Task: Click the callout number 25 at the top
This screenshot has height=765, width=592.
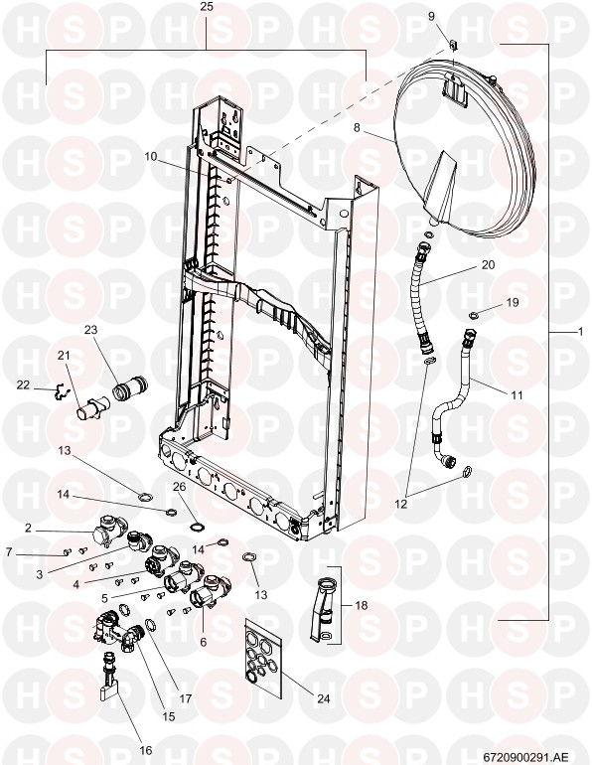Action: tap(207, 7)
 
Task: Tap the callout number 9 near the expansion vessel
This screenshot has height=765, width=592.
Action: tap(431, 16)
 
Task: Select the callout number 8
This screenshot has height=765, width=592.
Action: tap(357, 127)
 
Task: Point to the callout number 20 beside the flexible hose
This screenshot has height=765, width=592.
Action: tap(488, 264)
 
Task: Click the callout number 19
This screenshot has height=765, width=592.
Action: tap(512, 302)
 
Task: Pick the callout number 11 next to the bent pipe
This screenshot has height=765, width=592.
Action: tap(517, 394)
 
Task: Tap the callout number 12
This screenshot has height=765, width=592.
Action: tap(401, 505)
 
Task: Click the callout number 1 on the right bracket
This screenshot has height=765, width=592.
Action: tap(580, 331)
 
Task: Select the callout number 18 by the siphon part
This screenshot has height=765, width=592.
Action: tap(362, 605)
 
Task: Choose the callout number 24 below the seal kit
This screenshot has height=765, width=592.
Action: tap(323, 698)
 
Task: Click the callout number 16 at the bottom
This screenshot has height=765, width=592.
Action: tap(146, 750)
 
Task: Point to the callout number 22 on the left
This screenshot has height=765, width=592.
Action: tap(23, 384)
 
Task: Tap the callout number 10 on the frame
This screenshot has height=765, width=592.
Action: tap(151, 156)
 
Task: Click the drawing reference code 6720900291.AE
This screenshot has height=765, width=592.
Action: tap(525, 756)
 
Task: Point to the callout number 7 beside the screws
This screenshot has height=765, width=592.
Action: tap(9, 551)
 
